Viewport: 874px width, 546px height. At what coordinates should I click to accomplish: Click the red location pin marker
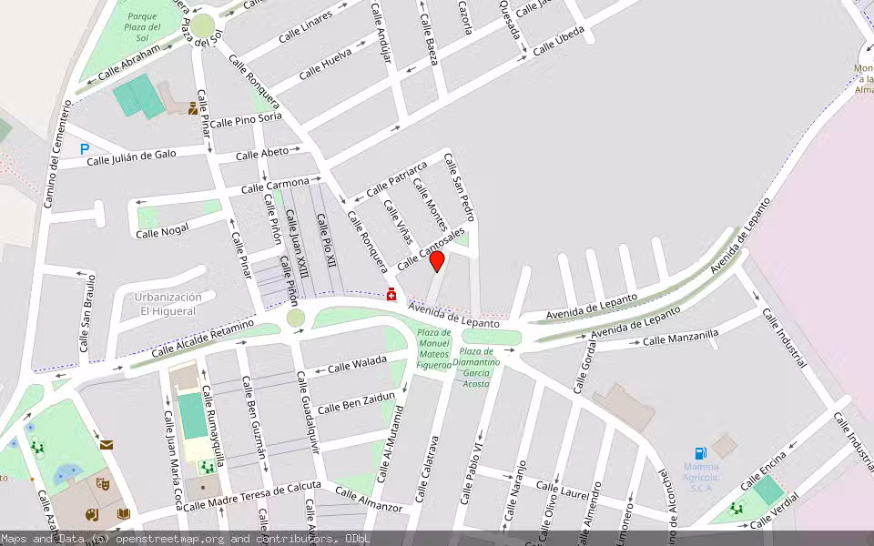coord(437,262)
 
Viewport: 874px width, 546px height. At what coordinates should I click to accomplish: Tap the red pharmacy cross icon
coord(391,294)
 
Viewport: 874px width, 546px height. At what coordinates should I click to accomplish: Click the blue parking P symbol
coord(85,148)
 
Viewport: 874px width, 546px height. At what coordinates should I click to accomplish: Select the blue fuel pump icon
coord(700,453)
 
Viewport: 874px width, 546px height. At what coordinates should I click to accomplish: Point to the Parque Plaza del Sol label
coord(143,27)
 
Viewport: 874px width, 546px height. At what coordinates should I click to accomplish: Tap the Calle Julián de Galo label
coord(131,158)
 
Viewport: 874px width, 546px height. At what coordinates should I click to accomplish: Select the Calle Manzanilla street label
coord(680,338)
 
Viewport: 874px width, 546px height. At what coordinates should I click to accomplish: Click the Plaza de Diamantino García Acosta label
coord(476,367)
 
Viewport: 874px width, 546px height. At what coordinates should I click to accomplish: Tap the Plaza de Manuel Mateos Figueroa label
coord(434,349)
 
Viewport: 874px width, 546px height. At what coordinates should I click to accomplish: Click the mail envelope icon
coord(107,445)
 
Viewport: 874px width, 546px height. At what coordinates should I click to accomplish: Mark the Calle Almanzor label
coord(368,499)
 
